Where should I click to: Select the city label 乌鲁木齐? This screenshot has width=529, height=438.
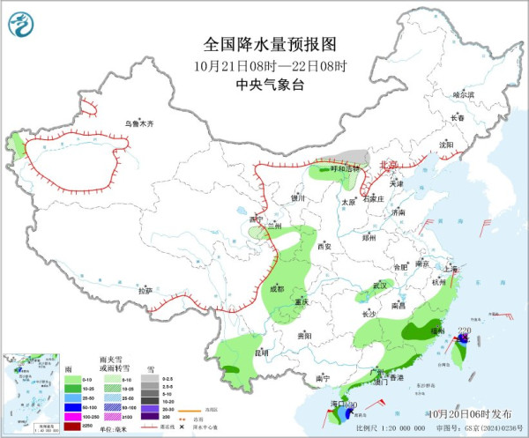[x=138, y=124]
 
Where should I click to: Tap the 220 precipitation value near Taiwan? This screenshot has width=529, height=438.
[x=464, y=330]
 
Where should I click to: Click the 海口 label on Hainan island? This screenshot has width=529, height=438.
[x=339, y=404]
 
